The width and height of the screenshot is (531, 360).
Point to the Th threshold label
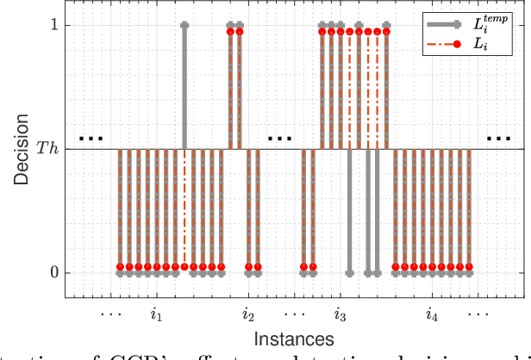pos(47,149)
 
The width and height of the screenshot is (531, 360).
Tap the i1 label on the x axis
pos(156,314)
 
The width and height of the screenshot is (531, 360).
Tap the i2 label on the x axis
pos(248,314)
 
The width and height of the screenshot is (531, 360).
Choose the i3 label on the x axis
pos(340,314)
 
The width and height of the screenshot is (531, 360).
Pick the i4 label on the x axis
pos(433,314)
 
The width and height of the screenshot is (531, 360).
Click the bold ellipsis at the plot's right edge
pos(497,137)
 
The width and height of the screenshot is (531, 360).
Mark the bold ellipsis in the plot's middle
pos(279,137)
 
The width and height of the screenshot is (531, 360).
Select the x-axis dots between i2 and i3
pos(295,314)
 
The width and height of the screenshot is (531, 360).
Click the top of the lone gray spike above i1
pos(184,25)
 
